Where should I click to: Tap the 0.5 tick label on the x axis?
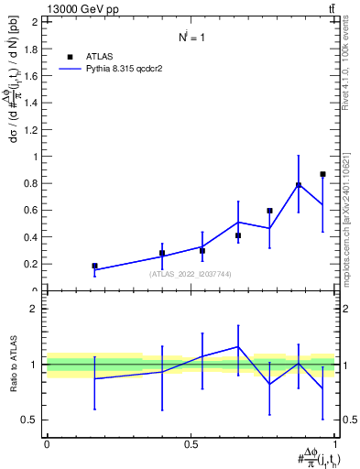coord(191,444)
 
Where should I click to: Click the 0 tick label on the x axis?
coord(47,444)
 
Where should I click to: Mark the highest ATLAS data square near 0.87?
coord(322,174)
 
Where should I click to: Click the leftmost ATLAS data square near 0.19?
coord(94,266)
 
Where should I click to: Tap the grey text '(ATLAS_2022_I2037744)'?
coord(191,273)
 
